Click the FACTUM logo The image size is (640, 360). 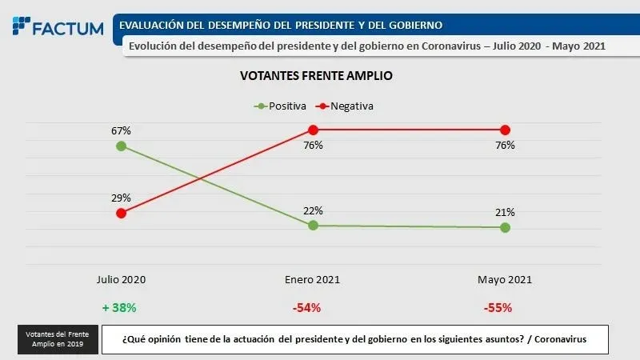[x=58, y=27]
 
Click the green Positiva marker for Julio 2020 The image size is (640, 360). [x=121, y=146]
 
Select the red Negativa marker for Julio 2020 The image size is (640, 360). [x=121, y=213]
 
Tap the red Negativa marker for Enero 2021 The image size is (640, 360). [x=313, y=130]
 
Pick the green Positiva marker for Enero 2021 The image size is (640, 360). [x=313, y=226]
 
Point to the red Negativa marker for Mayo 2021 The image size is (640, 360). [x=505, y=130]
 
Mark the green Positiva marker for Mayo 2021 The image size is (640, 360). [x=505, y=227]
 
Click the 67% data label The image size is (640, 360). [x=121, y=130]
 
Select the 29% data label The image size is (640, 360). [x=121, y=198]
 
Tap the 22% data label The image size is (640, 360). [x=313, y=210]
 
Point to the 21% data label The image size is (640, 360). [x=505, y=212]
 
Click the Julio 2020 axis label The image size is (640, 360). [x=121, y=280]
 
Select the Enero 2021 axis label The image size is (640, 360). [x=313, y=280]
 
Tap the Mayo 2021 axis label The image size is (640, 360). [x=505, y=280]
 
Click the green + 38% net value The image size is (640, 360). [x=120, y=307]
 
